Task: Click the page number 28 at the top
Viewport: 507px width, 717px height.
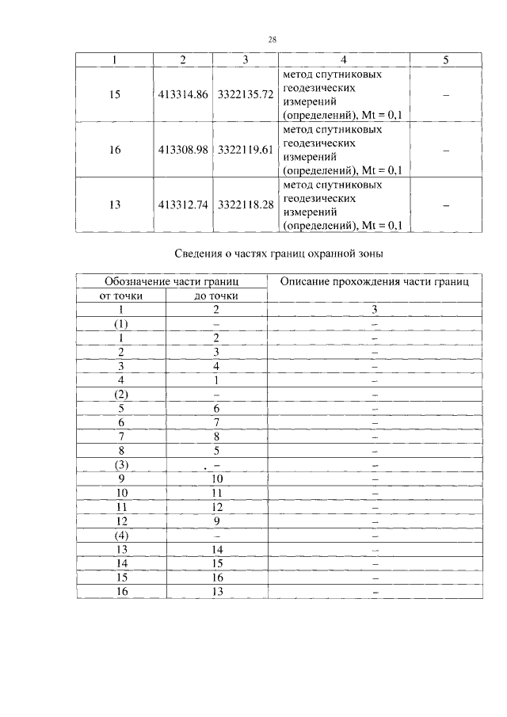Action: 272,39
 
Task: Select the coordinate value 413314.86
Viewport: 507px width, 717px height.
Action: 183,94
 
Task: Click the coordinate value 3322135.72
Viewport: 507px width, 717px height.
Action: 245,94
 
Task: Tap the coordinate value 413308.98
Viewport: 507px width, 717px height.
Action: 183,149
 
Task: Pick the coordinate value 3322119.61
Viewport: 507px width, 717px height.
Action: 245,149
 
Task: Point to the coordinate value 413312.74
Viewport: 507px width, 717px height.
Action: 183,204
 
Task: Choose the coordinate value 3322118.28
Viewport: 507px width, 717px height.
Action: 245,204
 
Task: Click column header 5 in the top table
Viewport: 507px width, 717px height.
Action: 445,59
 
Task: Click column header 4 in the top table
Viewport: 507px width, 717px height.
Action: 342,59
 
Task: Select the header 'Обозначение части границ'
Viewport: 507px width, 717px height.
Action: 172,281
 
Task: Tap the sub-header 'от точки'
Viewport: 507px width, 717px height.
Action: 121,296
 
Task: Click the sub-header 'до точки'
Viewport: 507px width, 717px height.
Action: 215,296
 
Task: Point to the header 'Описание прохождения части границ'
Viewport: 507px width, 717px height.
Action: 375,281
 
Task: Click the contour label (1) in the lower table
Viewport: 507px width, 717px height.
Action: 121,324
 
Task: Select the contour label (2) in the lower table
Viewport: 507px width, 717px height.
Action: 121,395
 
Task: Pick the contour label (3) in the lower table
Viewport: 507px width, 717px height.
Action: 121,464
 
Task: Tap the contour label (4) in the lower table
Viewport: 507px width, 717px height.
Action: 121,535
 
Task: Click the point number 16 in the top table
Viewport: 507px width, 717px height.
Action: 116,149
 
